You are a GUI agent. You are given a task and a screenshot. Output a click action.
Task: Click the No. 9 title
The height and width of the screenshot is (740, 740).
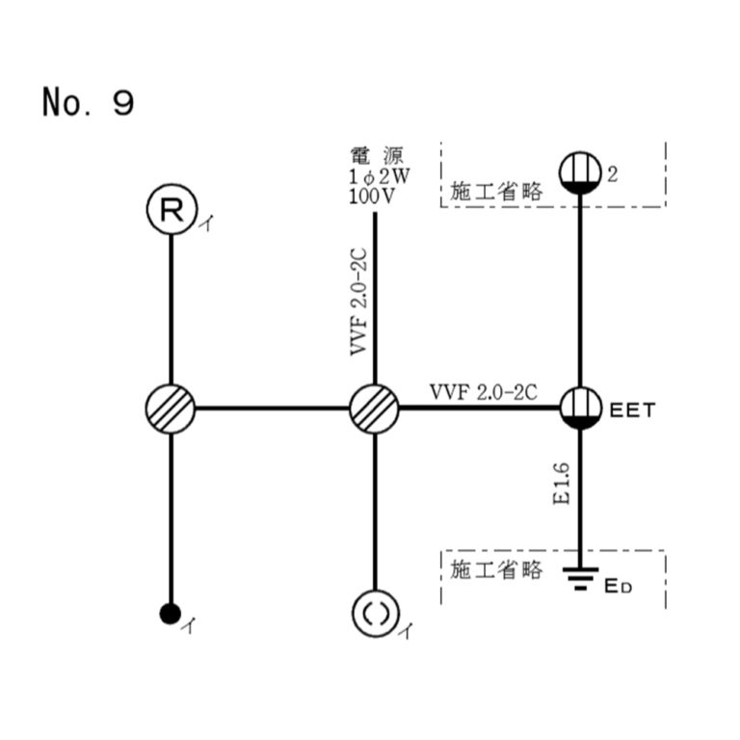tap(88, 101)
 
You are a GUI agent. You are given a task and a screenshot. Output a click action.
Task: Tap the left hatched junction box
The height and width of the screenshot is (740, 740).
tap(171, 408)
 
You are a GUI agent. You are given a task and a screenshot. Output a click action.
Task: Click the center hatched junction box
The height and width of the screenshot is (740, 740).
tap(373, 408)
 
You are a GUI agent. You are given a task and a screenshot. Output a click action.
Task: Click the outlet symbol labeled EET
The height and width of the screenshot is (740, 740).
tap(581, 408)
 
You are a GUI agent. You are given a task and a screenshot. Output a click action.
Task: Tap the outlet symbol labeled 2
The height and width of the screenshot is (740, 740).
tap(581, 173)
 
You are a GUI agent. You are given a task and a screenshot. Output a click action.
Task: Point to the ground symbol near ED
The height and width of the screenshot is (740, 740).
tap(579, 578)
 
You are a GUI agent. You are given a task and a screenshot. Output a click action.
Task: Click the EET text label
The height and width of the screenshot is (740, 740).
tap(633, 410)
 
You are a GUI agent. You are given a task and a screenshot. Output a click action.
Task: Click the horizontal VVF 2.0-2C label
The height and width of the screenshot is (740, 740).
tap(483, 392)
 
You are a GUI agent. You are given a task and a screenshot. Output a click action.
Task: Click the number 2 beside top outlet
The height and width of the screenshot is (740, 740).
tap(612, 173)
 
